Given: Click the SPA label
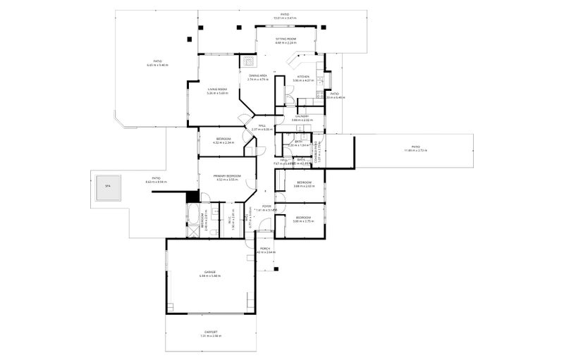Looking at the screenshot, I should (108, 186).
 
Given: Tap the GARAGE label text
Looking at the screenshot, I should (209, 271).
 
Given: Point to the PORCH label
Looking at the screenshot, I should (266, 248).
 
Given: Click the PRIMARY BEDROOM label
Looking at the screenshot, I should (227, 175).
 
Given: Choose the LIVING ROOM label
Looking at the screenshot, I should (217, 89).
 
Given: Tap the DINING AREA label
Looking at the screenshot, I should (257, 75).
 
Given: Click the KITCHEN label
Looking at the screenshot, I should (303, 76).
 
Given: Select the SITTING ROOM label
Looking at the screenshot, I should (285, 38).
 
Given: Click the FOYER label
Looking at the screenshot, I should (267, 206).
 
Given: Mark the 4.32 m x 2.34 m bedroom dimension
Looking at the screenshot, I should (223, 143).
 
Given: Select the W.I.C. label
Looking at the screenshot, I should (233, 220).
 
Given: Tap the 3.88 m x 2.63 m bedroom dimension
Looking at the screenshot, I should (304, 187).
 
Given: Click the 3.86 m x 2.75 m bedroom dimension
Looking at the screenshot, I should (302, 221).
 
